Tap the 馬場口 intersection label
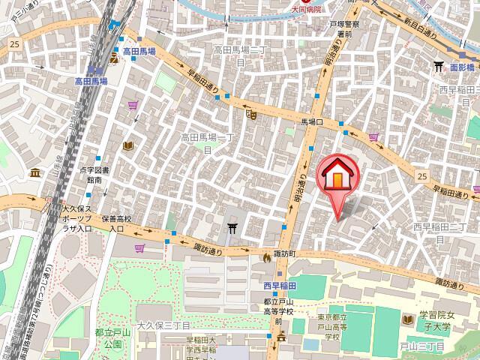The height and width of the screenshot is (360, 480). pos(311,121)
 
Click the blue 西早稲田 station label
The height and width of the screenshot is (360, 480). pos(280,286)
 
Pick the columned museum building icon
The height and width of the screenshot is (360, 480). pos(35,173)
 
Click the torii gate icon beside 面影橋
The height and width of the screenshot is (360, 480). pos(438,67)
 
